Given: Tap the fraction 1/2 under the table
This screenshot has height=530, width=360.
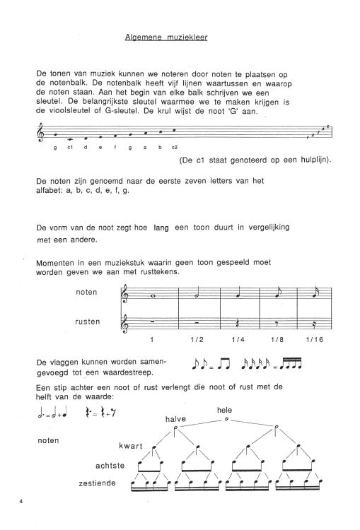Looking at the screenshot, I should pos(197,340).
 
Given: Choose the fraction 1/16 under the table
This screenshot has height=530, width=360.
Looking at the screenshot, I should pos(315,340).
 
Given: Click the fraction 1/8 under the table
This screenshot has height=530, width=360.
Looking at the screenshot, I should pos(276,340).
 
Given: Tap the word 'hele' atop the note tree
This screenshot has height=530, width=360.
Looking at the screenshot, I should pos(225,409).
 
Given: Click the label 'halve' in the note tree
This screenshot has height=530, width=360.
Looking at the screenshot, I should pos(175,418).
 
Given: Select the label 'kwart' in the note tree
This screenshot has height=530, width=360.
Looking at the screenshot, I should pos(132,446).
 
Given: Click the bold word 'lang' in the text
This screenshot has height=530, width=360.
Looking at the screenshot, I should pos(163,228).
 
